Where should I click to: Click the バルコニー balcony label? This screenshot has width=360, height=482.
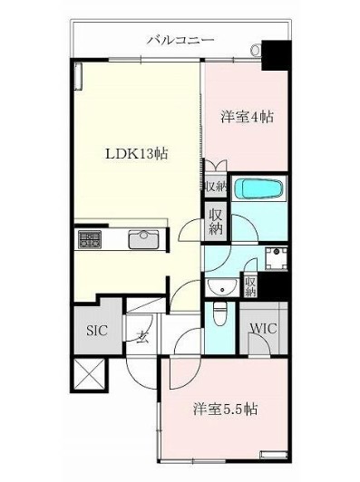click(x=180, y=41)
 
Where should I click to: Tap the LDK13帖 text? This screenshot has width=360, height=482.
click(x=133, y=153)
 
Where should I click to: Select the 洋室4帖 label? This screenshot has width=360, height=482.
click(x=248, y=118)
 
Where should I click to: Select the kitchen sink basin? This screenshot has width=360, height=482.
click(x=143, y=239)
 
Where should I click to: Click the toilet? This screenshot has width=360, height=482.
click(x=218, y=313)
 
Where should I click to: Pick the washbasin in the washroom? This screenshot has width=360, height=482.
click(x=218, y=286)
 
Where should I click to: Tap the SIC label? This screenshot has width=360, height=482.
click(x=97, y=331)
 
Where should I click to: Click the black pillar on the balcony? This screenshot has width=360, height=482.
click(x=272, y=56)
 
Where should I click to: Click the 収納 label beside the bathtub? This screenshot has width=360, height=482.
click(x=215, y=187)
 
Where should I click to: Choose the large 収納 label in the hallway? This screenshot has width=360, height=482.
click(x=216, y=222)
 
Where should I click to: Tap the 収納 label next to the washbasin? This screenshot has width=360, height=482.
click(x=251, y=287)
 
